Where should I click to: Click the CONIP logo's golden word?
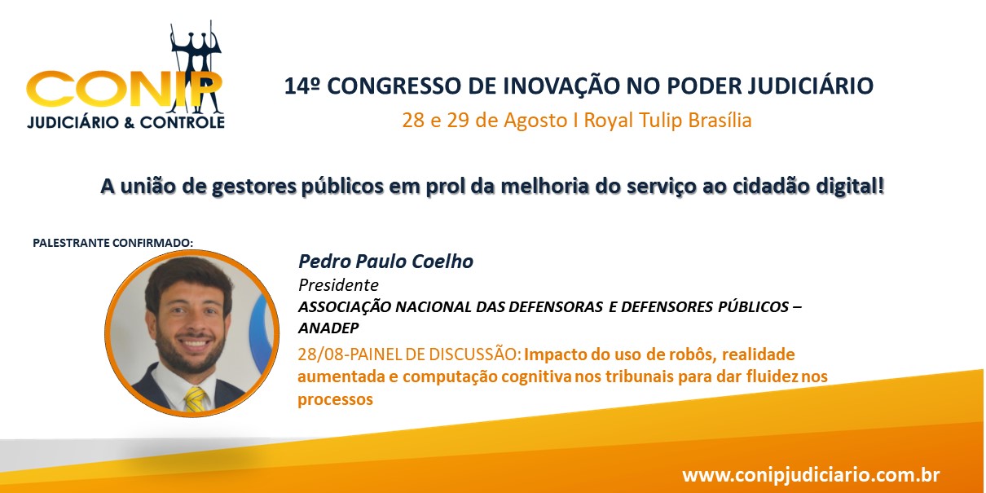click(x=124, y=90)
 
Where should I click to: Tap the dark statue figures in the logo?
click(x=196, y=68)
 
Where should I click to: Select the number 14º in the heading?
click(x=302, y=86)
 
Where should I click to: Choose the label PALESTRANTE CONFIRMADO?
click(x=112, y=243)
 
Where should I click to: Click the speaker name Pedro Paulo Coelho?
click(x=385, y=262)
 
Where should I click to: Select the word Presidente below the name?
click(x=338, y=285)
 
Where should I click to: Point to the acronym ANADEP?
click(x=328, y=328)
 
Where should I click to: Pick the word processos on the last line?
click(x=336, y=399)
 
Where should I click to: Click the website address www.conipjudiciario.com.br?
click(x=811, y=475)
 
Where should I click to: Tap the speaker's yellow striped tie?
click(x=195, y=399)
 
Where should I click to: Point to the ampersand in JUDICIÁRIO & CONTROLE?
click(x=129, y=122)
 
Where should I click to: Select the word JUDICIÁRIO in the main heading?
click(x=811, y=86)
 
